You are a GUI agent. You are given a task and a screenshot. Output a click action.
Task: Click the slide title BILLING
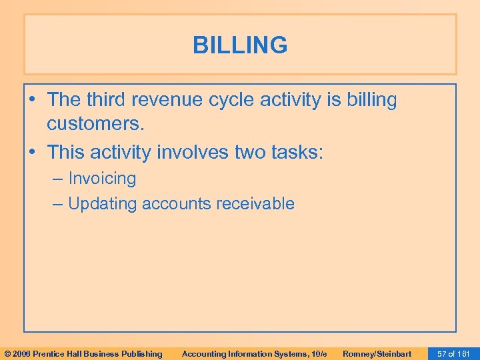pyautogui.click(x=240, y=45)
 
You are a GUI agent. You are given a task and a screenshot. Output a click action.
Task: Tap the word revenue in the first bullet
pyautogui.click(x=168, y=100)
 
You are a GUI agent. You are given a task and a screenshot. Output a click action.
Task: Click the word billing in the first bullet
pyautogui.click(x=369, y=100)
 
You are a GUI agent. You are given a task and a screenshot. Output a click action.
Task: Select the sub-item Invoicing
pyautogui.click(x=102, y=179)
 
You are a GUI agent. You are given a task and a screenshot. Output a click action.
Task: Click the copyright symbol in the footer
pyautogui.click(x=8, y=353)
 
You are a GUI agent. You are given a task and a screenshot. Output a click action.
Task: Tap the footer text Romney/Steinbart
pyautogui.click(x=377, y=353)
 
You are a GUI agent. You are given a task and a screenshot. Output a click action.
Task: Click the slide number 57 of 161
pyautogui.click(x=453, y=353)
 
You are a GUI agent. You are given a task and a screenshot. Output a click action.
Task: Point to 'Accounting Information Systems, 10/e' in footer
pyautogui.click(x=254, y=353)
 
